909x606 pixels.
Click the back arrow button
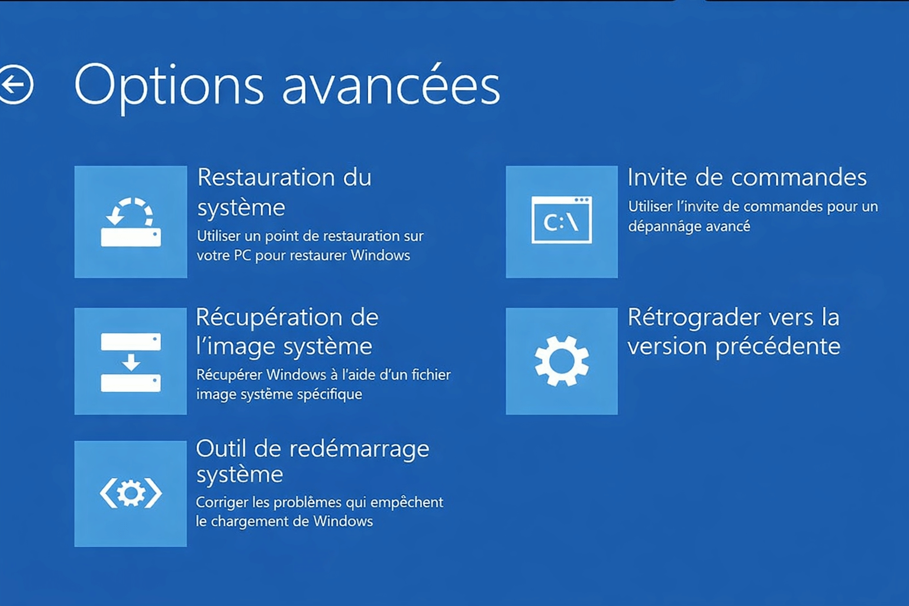(x=16, y=85)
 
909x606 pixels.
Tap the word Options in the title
(x=169, y=86)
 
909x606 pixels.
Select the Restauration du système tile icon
(x=131, y=222)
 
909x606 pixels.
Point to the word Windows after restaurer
(x=381, y=256)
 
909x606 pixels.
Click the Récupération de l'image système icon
(x=131, y=361)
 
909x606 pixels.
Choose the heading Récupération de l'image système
(x=287, y=331)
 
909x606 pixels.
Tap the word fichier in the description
(x=431, y=375)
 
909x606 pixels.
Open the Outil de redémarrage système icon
(x=131, y=494)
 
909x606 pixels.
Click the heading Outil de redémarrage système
(x=312, y=461)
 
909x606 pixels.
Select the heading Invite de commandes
(x=747, y=178)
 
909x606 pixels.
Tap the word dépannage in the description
(x=660, y=227)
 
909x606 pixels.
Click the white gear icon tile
(x=562, y=361)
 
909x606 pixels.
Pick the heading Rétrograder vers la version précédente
(x=734, y=331)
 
